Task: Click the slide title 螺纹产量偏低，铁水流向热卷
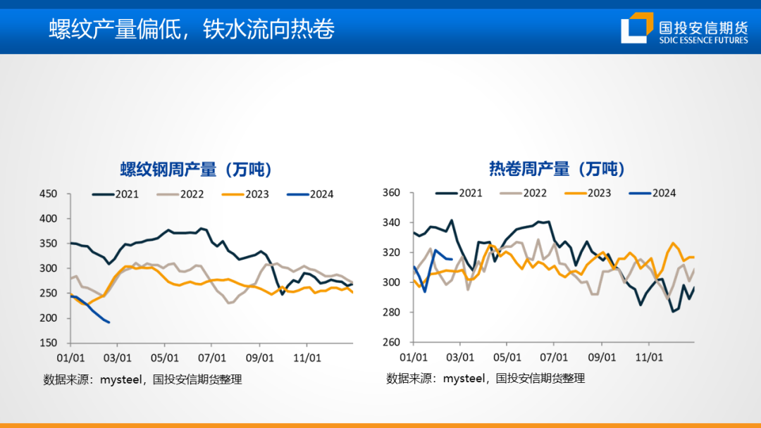pyautogui.click(x=191, y=29)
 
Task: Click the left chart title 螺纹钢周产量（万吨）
pyautogui.click(x=196, y=170)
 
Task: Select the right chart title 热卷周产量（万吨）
pyautogui.click(x=557, y=170)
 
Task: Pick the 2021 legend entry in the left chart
pyautogui.click(x=116, y=194)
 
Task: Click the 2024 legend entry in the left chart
pyautogui.click(x=311, y=194)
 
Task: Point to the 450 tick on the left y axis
pyautogui.click(x=49, y=194)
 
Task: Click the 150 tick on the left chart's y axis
pyautogui.click(x=49, y=343)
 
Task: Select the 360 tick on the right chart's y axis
pyautogui.click(x=391, y=193)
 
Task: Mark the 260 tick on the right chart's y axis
pyautogui.click(x=391, y=342)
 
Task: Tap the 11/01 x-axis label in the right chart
pyautogui.click(x=649, y=357)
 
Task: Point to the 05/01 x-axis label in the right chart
pyautogui.click(x=507, y=357)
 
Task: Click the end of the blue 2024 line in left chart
pyautogui.click(x=109, y=322)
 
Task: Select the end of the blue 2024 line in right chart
pyautogui.click(x=452, y=259)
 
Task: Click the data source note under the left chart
pyautogui.click(x=142, y=379)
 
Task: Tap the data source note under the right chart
pyautogui.click(x=485, y=379)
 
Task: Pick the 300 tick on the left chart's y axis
pyautogui.click(x=49, y=268)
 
